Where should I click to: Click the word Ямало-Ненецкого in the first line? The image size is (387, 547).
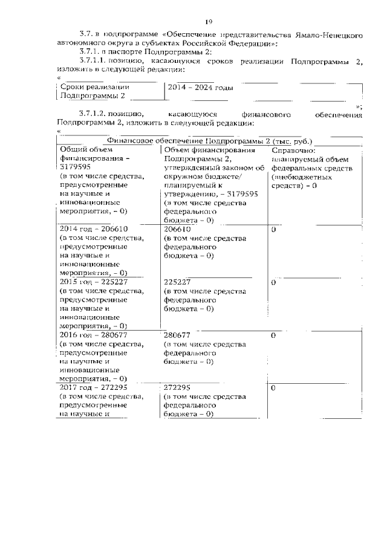pyautogui.click(x=332, y=36)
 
